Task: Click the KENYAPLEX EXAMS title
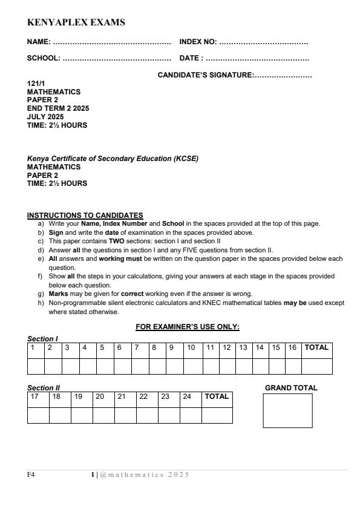(76, 23)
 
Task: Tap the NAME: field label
(39, 43)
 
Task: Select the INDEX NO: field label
(198, 43)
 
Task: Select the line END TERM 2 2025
(58, 109)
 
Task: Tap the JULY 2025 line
(46, 117)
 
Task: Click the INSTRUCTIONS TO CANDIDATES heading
(85, 215)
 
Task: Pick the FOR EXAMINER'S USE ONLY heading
(188, 327)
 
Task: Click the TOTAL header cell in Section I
(317, 348)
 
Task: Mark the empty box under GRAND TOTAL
(287, 410)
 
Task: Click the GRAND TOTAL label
(291, 388)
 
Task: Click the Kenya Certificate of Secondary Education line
(113, 159)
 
